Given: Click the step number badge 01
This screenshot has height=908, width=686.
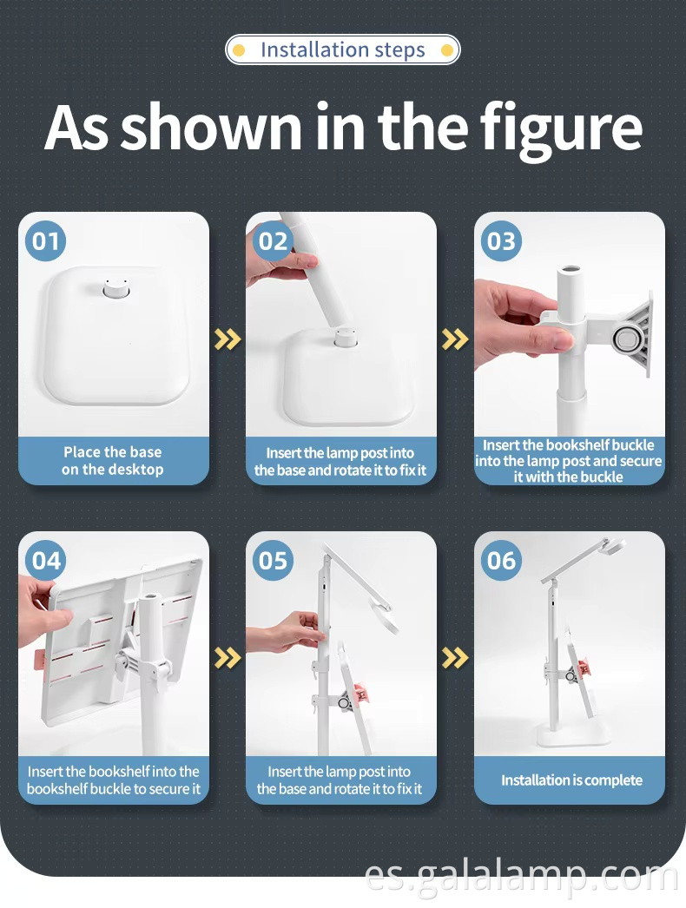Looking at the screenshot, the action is click(45, 241).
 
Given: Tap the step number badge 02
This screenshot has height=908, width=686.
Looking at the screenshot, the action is click(273, 241).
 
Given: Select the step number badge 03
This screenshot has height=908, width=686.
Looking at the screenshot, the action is click(501, 241).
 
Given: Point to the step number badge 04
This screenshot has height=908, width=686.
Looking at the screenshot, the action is click(45, 561).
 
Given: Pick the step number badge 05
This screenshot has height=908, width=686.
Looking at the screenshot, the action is click(273, 561).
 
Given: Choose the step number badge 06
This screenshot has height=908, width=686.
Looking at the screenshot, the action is click(501, 561).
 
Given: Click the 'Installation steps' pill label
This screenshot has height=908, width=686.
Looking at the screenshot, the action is click(342, 49).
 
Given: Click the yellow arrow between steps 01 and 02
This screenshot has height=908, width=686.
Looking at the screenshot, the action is click(228, 339).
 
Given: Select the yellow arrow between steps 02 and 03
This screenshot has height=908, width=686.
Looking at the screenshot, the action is click(455, 339).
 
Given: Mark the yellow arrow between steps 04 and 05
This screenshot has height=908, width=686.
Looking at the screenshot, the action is click(228, 658).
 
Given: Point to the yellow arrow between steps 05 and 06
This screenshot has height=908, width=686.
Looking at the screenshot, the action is click(455, 658).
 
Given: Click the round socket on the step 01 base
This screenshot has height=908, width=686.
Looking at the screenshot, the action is click(114, 288).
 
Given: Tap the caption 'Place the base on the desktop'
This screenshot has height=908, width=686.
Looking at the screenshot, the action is click(112, 460).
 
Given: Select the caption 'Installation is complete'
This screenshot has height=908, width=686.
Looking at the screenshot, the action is click(571, 780).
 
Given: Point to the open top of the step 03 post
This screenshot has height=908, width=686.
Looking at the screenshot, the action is click(570, 270).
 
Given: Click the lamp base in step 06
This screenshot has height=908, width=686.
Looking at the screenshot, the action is click(574, 735).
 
